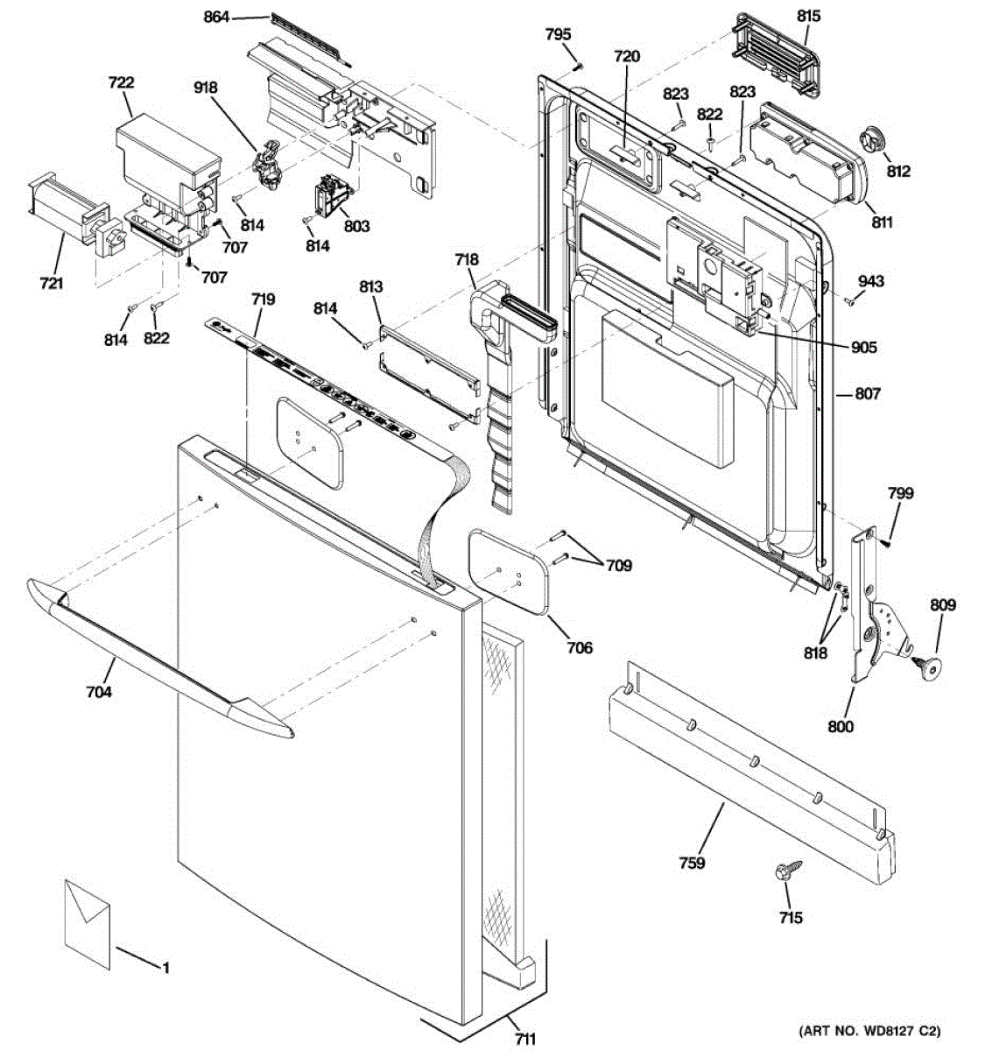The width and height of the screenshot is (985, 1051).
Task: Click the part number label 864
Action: [x=216, y=18]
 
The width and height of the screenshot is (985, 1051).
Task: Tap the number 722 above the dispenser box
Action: [x=121, y=82]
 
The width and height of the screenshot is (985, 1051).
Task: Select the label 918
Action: [x=205, y=88]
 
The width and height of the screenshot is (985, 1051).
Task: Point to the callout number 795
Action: [x=559, y=35]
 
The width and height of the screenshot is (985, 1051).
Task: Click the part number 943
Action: [x=870, y=280]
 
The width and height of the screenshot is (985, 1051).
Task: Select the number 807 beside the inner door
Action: [x=868, y=393]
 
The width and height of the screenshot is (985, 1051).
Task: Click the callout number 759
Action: [x=692, y=863]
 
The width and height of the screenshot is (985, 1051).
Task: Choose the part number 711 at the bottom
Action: [x=525, y=1039]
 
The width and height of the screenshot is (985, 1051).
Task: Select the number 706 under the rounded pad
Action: [x=580, y=647]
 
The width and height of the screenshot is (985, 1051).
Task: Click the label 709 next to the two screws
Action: [x=619, y=566]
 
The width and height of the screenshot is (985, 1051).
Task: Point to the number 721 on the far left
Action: [x=52, y=284]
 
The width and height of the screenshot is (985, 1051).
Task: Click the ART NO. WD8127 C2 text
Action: [x=869, y=1031]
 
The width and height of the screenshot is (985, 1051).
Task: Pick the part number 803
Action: [x=356, y=227]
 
